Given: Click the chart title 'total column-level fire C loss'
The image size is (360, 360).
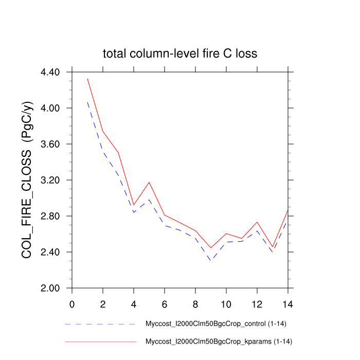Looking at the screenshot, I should tap(179, 53).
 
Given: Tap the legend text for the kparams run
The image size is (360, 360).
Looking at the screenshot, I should tap(219, 341).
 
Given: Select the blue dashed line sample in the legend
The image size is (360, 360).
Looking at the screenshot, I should tap(100, 325).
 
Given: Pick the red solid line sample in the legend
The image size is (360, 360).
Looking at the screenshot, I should tap(100, 341).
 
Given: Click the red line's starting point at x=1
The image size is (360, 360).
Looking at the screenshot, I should tap(87, 79).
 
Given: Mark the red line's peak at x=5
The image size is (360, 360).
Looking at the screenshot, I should tap(149, 182).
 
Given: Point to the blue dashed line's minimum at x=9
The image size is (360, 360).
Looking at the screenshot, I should tap(210, 261).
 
